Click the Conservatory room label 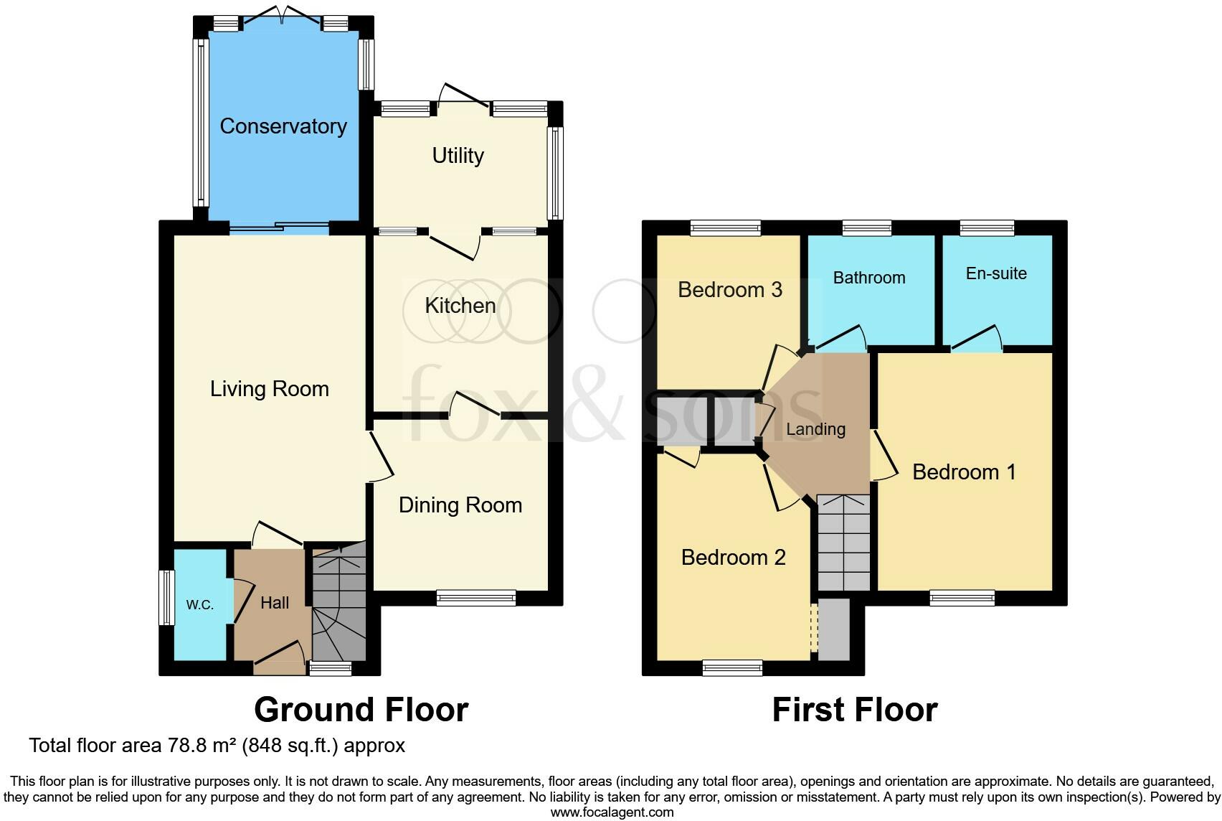[283, 126]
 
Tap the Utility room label [458, 156]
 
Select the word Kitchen [460, 306]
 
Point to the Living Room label [270, 389]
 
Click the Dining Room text [460, 505]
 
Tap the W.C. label [200, 605]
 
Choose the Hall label [275, 603]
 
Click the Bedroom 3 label [729, 290]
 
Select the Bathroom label [869, 278]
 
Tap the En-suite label [996, 273]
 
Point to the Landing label [815, 429]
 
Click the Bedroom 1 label [964, 472]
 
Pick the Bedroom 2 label [733, 558]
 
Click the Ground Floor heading [361, 710]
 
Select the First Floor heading [854, 710]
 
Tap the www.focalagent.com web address [612, 812]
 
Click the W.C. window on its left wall [166, 597]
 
